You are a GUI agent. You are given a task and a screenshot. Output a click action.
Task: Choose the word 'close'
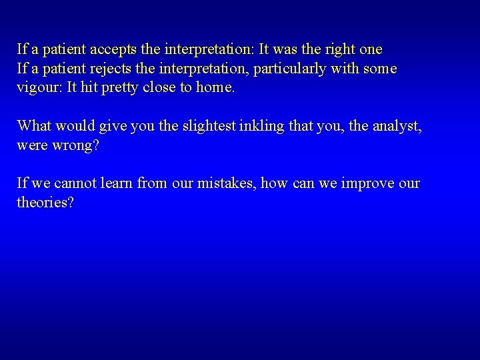[159, 88]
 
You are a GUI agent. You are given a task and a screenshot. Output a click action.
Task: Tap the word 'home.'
[215, 88]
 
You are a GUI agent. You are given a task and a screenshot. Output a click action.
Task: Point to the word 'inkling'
[234, 126]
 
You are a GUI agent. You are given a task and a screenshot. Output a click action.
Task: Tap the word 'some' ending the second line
[381, 69]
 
